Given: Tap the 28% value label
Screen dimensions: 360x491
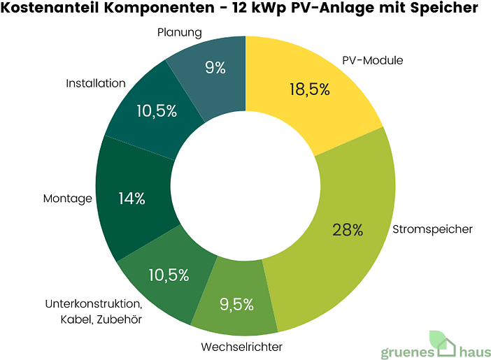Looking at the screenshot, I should [348, 229].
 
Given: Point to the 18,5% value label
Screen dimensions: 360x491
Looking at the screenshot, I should [309, 89].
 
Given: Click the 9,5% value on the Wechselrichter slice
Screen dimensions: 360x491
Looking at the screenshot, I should [236, 304].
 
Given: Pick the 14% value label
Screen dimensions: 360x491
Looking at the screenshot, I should [131, 199].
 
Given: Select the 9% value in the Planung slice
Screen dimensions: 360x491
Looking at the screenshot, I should [215, 68].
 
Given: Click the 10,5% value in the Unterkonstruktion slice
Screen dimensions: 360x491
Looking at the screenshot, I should [169, 275].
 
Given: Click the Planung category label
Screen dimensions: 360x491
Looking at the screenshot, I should [180, 32].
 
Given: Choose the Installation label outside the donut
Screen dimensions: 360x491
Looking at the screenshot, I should [96, 83].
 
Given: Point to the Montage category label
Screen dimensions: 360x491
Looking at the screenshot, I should [67, 199].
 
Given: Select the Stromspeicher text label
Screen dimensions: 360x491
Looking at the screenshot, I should [432, 229].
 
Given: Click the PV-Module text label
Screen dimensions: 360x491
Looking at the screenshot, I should [373, 60].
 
